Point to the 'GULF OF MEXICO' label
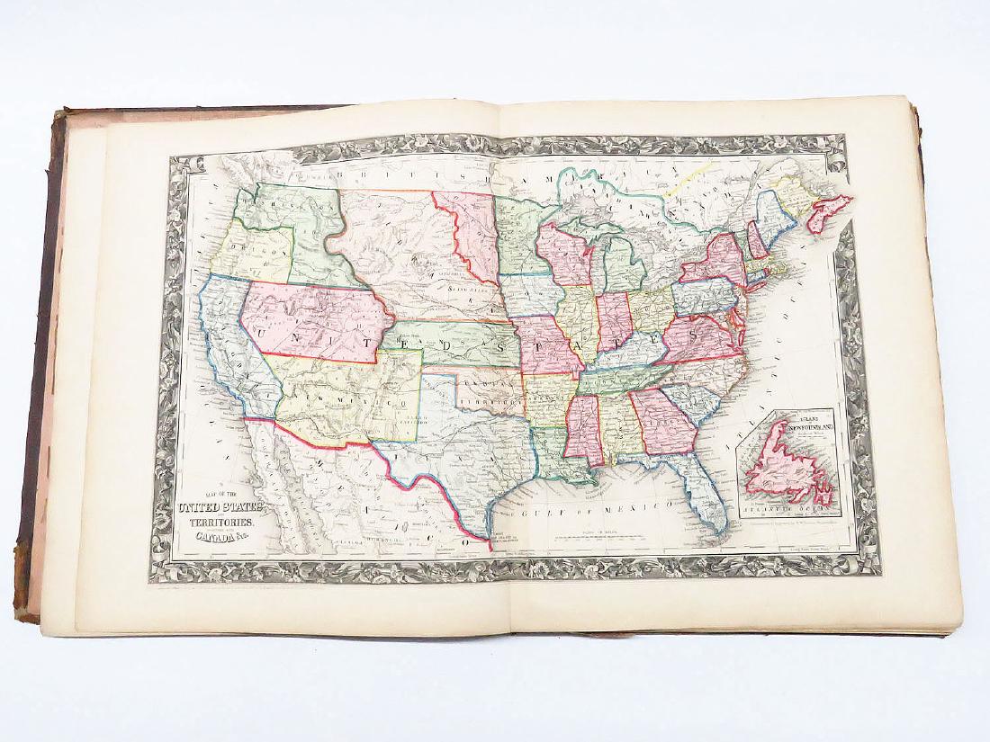click(590, 510)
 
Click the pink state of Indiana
click(614, 321)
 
